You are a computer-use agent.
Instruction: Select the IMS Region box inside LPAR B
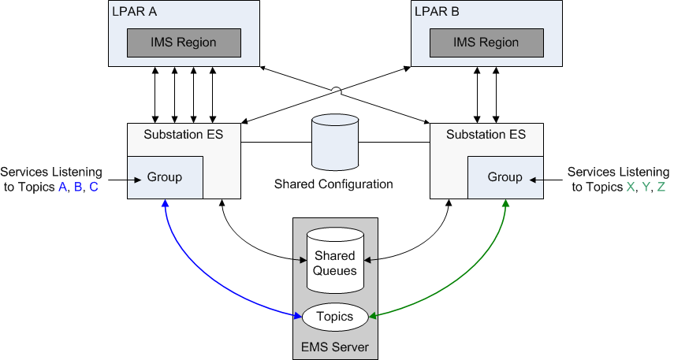tap(486, 43)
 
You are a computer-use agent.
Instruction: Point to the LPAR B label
tap(438, 13)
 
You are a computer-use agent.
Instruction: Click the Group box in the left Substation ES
tap(165, 177)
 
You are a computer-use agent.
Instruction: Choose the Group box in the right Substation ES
tap(505, 177)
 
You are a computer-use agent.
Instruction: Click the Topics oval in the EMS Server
tap(335, 317)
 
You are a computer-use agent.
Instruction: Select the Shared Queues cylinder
tap(335, 260)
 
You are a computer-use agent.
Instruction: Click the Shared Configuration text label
tap(333, 184)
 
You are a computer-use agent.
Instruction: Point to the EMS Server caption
tap(335, 347)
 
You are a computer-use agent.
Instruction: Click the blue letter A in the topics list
tap(63, 187)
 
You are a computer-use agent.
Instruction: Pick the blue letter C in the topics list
tap(94, 187)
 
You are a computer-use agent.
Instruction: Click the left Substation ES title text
tap(183, 135)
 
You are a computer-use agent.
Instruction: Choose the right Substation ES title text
tap(486, 135)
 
